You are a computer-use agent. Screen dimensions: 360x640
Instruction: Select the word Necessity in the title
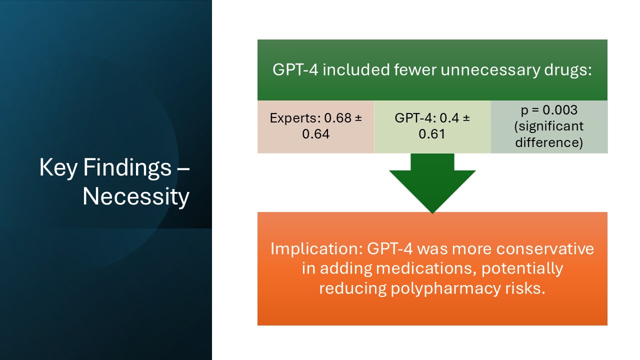(136, 196)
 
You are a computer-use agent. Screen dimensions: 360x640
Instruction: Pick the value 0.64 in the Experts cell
(315, 134)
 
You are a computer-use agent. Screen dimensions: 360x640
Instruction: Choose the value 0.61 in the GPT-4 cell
(432, 134)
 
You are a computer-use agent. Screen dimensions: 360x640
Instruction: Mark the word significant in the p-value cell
(549, 126)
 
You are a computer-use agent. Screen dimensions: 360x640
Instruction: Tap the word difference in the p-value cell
(549, 142)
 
